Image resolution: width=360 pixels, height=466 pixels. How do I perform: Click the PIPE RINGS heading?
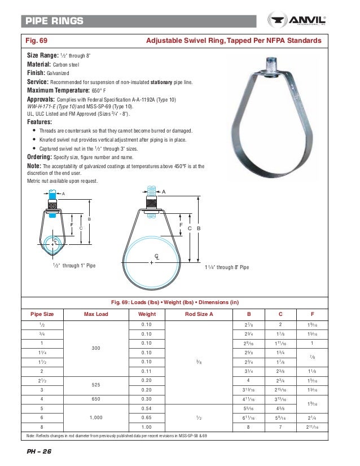[54, 21]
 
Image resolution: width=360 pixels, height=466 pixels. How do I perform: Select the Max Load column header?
[96, 314]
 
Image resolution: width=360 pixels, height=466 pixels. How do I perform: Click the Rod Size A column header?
[199, 314]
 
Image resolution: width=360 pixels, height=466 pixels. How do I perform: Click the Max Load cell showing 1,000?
[96, 417]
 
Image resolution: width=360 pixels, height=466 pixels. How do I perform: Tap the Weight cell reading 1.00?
[147, 427]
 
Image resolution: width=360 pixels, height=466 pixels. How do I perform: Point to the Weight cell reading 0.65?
[147, 417]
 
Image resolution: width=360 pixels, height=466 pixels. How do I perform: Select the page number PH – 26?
[39, 453]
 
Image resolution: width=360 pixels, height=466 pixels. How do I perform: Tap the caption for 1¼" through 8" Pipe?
[227, 266]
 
